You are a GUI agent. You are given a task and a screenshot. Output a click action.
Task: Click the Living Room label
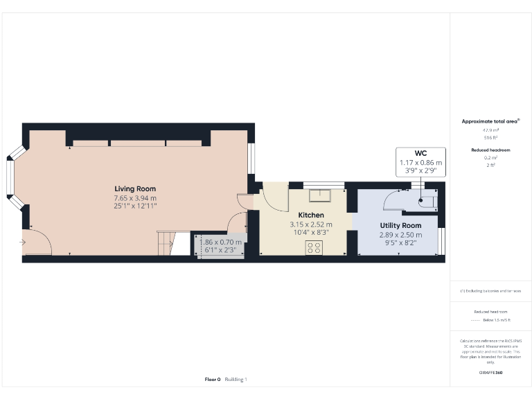click(x=135, y=188)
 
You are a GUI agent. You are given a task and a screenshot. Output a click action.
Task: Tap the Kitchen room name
click(x=310, y=215)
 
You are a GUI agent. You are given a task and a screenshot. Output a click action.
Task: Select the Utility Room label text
click(x=400, y=226)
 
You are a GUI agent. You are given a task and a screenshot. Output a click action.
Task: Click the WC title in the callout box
click(x=420, y=153)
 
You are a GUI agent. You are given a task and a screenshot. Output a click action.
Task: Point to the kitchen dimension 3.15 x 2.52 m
click(x=310, y=224)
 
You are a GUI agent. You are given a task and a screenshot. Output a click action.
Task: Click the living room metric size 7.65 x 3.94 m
click(x=135, y=197)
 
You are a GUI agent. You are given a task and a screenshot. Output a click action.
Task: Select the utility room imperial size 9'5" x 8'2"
click(x=400, y=243)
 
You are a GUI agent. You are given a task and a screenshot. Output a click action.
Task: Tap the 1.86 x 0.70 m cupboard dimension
click(x=218, y=242)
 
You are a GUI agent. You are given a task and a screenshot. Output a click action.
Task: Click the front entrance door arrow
click(x=24, y=242)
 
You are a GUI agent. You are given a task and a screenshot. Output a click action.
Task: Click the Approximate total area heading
click(x=490, y=121)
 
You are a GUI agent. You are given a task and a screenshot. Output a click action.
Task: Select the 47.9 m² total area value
click(x=490, y=130)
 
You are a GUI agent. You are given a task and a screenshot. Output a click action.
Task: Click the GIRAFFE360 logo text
click(x=490, y=373)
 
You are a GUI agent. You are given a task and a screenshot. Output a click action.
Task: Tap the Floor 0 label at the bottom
click(x=212, y=379)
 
